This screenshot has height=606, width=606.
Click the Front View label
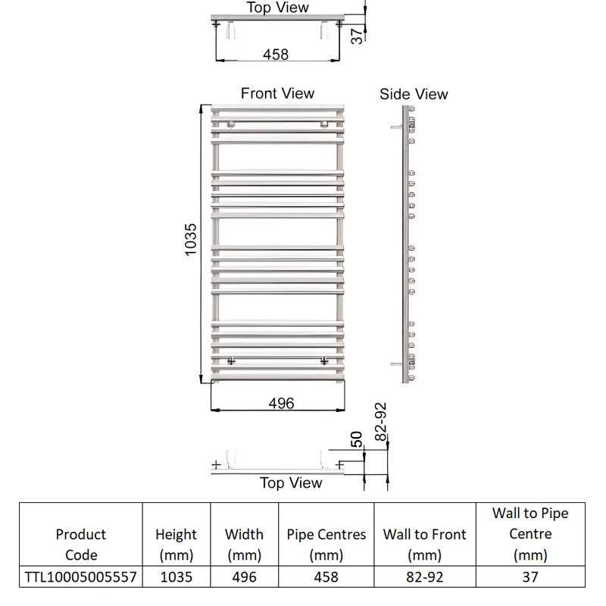pos(277,93)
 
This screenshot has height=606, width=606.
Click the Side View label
pos(414,94)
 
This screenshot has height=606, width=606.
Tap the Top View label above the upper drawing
pos(277,8)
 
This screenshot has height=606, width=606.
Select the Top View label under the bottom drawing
pos(291,483)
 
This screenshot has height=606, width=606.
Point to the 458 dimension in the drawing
pos(275,55)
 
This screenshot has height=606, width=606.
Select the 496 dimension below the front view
pos(281,403)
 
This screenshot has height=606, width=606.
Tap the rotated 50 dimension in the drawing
pos(356,439)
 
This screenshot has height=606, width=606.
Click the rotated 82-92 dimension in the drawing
pos(381,421)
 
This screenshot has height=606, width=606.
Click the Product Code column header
pos(81,544)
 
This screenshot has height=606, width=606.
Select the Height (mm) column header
pos(176,544)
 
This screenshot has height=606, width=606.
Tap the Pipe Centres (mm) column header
pos(326,544)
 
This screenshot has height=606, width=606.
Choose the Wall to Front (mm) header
pos(424,544)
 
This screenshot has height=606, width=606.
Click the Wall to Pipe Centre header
pos(530,533)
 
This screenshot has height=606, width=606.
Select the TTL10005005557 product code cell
pos(81,577)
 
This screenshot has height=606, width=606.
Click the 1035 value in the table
pos(176,577)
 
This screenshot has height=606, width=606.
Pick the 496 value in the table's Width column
pos(244,577)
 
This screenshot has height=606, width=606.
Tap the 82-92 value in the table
pos(424,577)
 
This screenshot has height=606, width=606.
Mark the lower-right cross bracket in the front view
pos(325,361)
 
